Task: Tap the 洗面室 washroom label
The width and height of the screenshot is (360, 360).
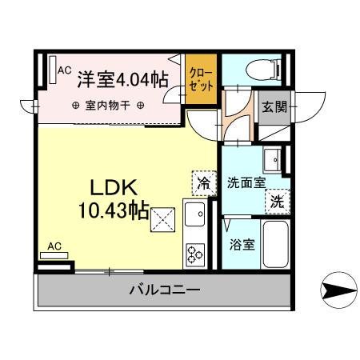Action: tap(245, 182)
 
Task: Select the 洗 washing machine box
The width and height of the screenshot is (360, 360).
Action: tap(276, 202)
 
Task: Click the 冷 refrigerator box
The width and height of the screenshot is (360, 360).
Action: tap(203, 183)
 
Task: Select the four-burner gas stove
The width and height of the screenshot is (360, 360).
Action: tap(195, 255)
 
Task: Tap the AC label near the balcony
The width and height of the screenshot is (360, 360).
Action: tap(54, 246)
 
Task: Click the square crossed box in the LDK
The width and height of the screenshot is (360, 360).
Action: tap(163, 218)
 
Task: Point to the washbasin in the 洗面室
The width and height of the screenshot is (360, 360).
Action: tap(271, 158)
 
